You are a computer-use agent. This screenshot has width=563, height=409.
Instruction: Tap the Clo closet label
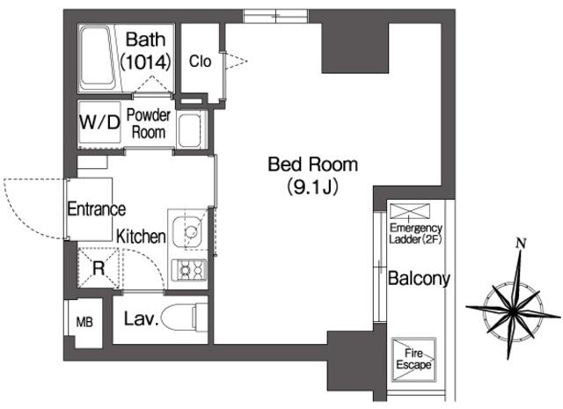coord(200,62)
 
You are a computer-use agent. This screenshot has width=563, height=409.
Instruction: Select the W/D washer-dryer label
coord(99,122)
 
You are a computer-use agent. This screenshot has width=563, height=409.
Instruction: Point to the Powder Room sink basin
coord(190,130)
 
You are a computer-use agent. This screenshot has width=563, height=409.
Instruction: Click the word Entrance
coord(97,209)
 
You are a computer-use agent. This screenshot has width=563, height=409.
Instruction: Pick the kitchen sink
coord(188,231)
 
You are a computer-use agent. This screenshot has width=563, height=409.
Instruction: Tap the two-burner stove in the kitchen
coord(189,270)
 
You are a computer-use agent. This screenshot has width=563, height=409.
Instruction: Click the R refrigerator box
coord(99,268)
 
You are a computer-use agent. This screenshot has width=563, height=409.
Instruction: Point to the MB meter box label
coord(84,322)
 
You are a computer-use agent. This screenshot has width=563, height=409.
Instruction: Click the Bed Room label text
coord(313,164)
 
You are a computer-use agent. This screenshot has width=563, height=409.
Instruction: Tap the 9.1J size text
coord(313,186)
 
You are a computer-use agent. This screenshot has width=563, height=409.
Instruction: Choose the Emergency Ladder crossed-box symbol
coord(409,211)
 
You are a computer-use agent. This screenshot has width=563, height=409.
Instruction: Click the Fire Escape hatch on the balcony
coord(413,360)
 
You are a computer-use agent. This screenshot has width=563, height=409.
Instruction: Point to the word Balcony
coord(419,279)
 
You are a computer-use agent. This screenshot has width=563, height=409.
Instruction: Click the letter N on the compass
coord(521,244)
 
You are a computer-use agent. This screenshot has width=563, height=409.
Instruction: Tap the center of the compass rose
coord(514,311)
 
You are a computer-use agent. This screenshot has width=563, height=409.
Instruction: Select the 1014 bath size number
coord(145,62)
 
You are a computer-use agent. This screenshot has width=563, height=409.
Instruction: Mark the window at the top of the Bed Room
coord(275,17)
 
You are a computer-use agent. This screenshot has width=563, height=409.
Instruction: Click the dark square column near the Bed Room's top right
coord(355,47)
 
